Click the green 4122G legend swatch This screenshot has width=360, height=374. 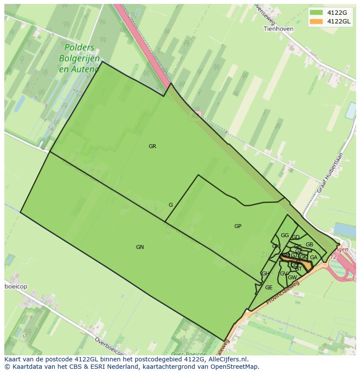pyautogui.click(x=316, y=12)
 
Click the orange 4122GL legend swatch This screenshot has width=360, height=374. pyautogui.click(x=316, y=21)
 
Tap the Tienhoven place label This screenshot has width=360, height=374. pyautogui.click(x=278, y=29)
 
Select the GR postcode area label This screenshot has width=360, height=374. pyautogui.click(x=152, y=146)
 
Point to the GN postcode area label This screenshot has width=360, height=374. pyautogui.click(x=140, y=247)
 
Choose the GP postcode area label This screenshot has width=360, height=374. pyautogui.click(x=238, y=226)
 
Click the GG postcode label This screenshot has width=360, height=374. pyautogui.click(x=285, y=235)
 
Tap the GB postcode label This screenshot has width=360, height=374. pyautogui.click(x=309, y=245)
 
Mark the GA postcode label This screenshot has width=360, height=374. pyautogui.click(x=313, y=258)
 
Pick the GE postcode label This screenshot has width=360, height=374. pyautogui.click(x=269, y=288)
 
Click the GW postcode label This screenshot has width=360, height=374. pyautogui.click(x=292, y=278)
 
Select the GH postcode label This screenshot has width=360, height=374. pyautogui.click(x=265, y=274)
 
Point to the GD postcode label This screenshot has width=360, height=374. pyautogui.click(x=296, y=237)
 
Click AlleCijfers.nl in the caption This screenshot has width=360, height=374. pyautogui.click(x=227, y=359)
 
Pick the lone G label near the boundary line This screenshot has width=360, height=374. pyautogui.click(x=171, y=205)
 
